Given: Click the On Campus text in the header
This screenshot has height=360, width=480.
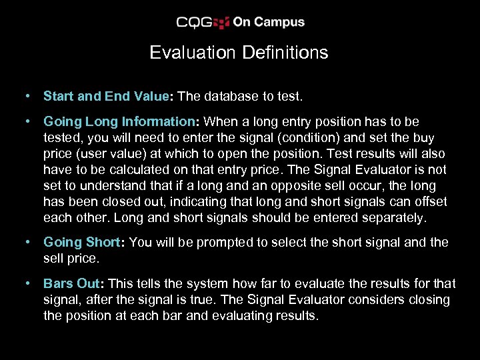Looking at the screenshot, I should [269, 22].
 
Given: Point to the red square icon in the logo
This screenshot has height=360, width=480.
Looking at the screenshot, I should [223, 23].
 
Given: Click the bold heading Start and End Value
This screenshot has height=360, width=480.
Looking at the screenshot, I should [106, 96].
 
